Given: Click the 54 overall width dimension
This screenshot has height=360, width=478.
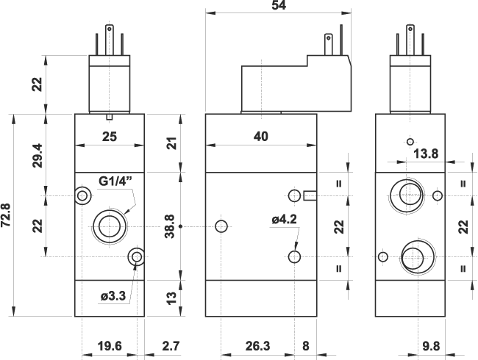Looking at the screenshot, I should coord(278,6).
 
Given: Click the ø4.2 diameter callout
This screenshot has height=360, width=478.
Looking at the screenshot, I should coord(283,218).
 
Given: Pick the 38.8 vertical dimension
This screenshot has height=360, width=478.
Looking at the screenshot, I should coord(169,226).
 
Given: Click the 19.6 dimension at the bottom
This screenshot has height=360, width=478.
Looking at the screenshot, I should coord(109,345).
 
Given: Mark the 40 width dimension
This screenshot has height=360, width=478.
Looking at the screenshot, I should coord(260,136).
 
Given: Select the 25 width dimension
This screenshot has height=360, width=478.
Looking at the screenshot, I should coord(110,136).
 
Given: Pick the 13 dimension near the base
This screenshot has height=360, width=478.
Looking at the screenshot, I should coord(171,298).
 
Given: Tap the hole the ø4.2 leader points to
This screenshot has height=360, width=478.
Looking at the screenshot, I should coord(295,256).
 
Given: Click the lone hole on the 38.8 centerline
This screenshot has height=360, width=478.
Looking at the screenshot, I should coord(219,226).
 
